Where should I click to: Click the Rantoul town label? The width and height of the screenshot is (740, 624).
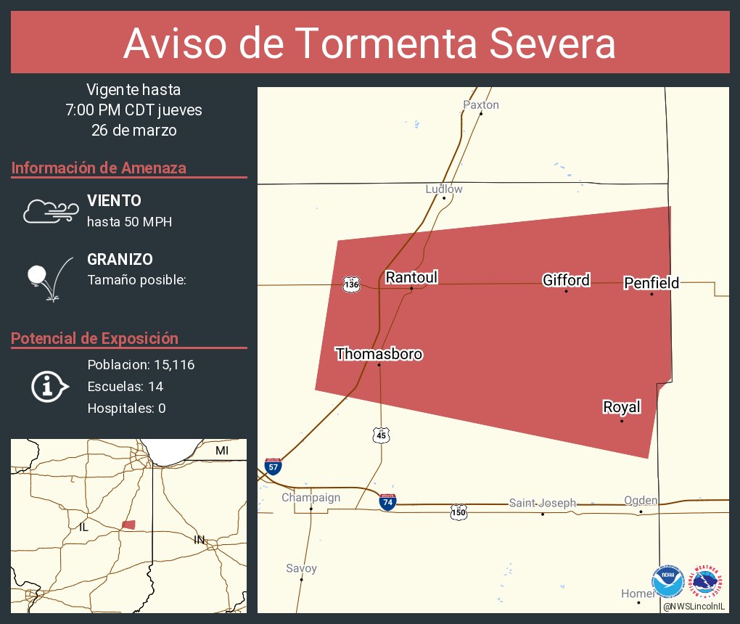click(411, 277)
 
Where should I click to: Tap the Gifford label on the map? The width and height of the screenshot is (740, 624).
click(566, 280)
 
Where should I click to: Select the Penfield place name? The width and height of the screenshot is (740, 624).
click(651, 283)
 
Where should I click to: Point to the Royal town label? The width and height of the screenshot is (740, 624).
click(622, 407)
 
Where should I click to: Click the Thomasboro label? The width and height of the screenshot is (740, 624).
click(379, 354)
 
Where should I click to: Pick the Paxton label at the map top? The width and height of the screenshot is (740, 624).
click(481, 104)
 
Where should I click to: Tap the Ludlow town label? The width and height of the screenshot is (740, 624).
click(444, 189)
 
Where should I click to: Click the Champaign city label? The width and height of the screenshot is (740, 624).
click(311, 497)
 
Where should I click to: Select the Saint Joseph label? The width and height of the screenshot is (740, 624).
click(542, 503)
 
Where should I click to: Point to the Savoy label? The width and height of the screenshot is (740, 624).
click(301, 568)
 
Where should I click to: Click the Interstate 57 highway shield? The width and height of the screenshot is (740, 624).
click(273, 466)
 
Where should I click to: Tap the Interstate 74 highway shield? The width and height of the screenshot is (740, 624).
click(388, 501)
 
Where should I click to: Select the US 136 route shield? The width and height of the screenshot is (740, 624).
click(352, 284)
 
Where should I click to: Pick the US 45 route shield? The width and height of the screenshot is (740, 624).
click(382, 435)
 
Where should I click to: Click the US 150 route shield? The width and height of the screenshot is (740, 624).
click(459, 512)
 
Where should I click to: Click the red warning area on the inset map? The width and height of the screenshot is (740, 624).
click(129, 524)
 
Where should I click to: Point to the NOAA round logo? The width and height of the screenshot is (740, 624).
click(667, 582)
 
